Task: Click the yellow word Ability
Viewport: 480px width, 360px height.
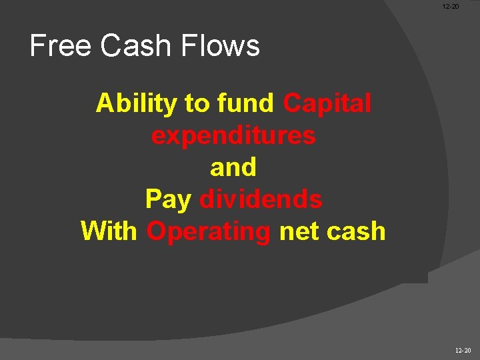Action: pyautogui.click(x=137, y=104)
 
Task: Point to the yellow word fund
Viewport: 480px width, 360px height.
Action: pyautogui.click(x=245, y=104)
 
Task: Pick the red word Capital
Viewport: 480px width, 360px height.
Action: pyautogui.click(x=327, y=104)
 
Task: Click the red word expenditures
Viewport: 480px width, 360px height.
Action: pyautogui.click(x=233, y=136)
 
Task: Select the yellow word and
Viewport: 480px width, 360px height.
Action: pyautogui.click(x=233, y=168)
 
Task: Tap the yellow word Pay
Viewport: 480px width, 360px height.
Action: pyautogui.click(x=169, y=200)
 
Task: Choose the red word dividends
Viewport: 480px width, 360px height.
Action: pyautogui.click(x=261, y=199)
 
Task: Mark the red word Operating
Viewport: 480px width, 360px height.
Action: pyautogui.click(x=209, y=232)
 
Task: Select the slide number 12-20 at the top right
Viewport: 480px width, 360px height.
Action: pyautogui.click(x=451, y=7)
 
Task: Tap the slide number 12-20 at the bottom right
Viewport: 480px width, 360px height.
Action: pyautogui.click(x=463, y=350)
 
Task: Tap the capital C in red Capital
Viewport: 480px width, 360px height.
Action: pyautogui.click(x=292, y=104)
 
